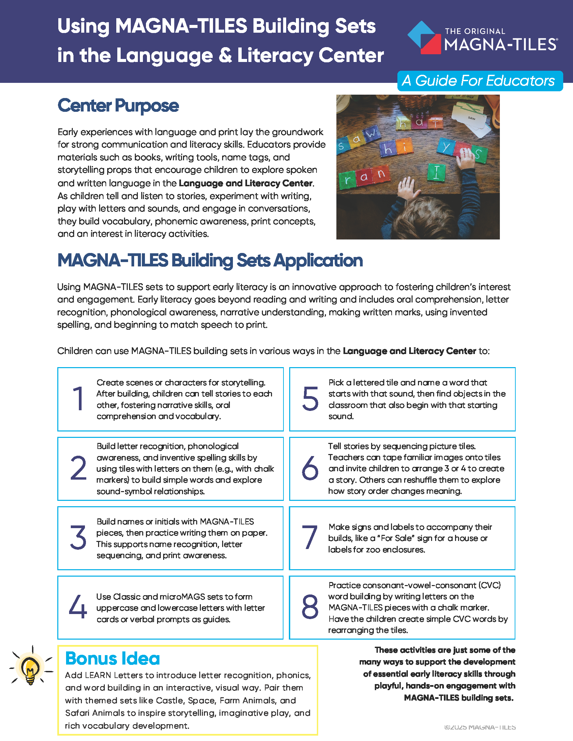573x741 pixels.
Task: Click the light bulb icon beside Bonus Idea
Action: (31, 668)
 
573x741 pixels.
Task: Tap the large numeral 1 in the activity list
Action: (79, 399)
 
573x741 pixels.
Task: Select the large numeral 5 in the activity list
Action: (310, 399)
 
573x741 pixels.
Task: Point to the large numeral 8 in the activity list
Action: (310, 607)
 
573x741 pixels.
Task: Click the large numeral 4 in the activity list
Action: (78, 607)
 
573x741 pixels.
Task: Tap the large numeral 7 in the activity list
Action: (310, 538)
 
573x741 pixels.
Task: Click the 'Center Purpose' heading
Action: (118, 105)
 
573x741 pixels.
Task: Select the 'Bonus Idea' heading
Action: (112, 658)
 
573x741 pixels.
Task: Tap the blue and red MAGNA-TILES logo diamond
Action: (424, 38)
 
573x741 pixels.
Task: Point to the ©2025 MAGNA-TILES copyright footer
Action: (480, 727)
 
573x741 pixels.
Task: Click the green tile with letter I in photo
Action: (436, 172)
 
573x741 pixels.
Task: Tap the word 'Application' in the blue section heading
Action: (318, 261)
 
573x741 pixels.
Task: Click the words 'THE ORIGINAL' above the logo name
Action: (475, 31)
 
